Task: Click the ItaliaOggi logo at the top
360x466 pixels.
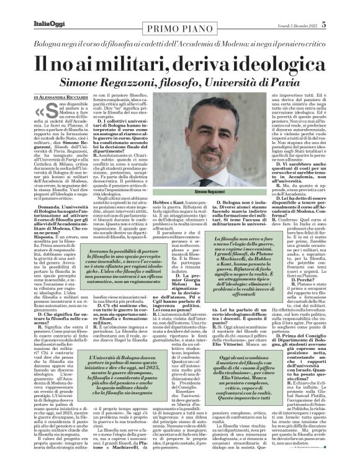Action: coord(31,7)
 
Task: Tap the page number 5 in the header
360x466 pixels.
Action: coord(349,7)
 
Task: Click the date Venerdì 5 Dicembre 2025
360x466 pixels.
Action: coord(315,7)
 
